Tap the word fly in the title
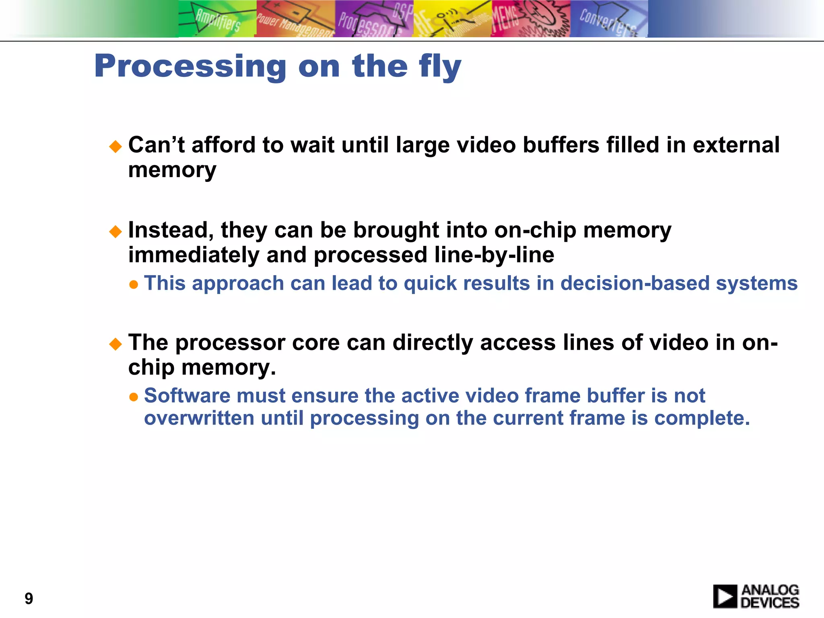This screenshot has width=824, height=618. pos(439,66)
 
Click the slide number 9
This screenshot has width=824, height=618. pos(29,599)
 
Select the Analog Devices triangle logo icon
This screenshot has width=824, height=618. pos(725,596)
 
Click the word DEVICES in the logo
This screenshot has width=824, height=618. pos(770,603)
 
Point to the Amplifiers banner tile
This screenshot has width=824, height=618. pos(217,19)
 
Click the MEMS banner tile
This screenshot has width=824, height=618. pos(530,19)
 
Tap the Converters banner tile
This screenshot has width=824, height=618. pos(608,19)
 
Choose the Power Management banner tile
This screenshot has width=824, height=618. pos(295,19)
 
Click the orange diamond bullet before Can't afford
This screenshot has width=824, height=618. pos(115,146)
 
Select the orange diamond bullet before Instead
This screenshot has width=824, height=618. pos(115,232)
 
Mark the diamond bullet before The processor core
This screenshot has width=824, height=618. pos(115,344)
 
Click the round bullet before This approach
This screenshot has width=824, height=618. pos(134,285)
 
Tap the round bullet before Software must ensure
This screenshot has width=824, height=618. pos(134,398)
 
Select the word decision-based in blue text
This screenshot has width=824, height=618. pos(634,283)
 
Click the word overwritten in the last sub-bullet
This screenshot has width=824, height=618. pos(199,418)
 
